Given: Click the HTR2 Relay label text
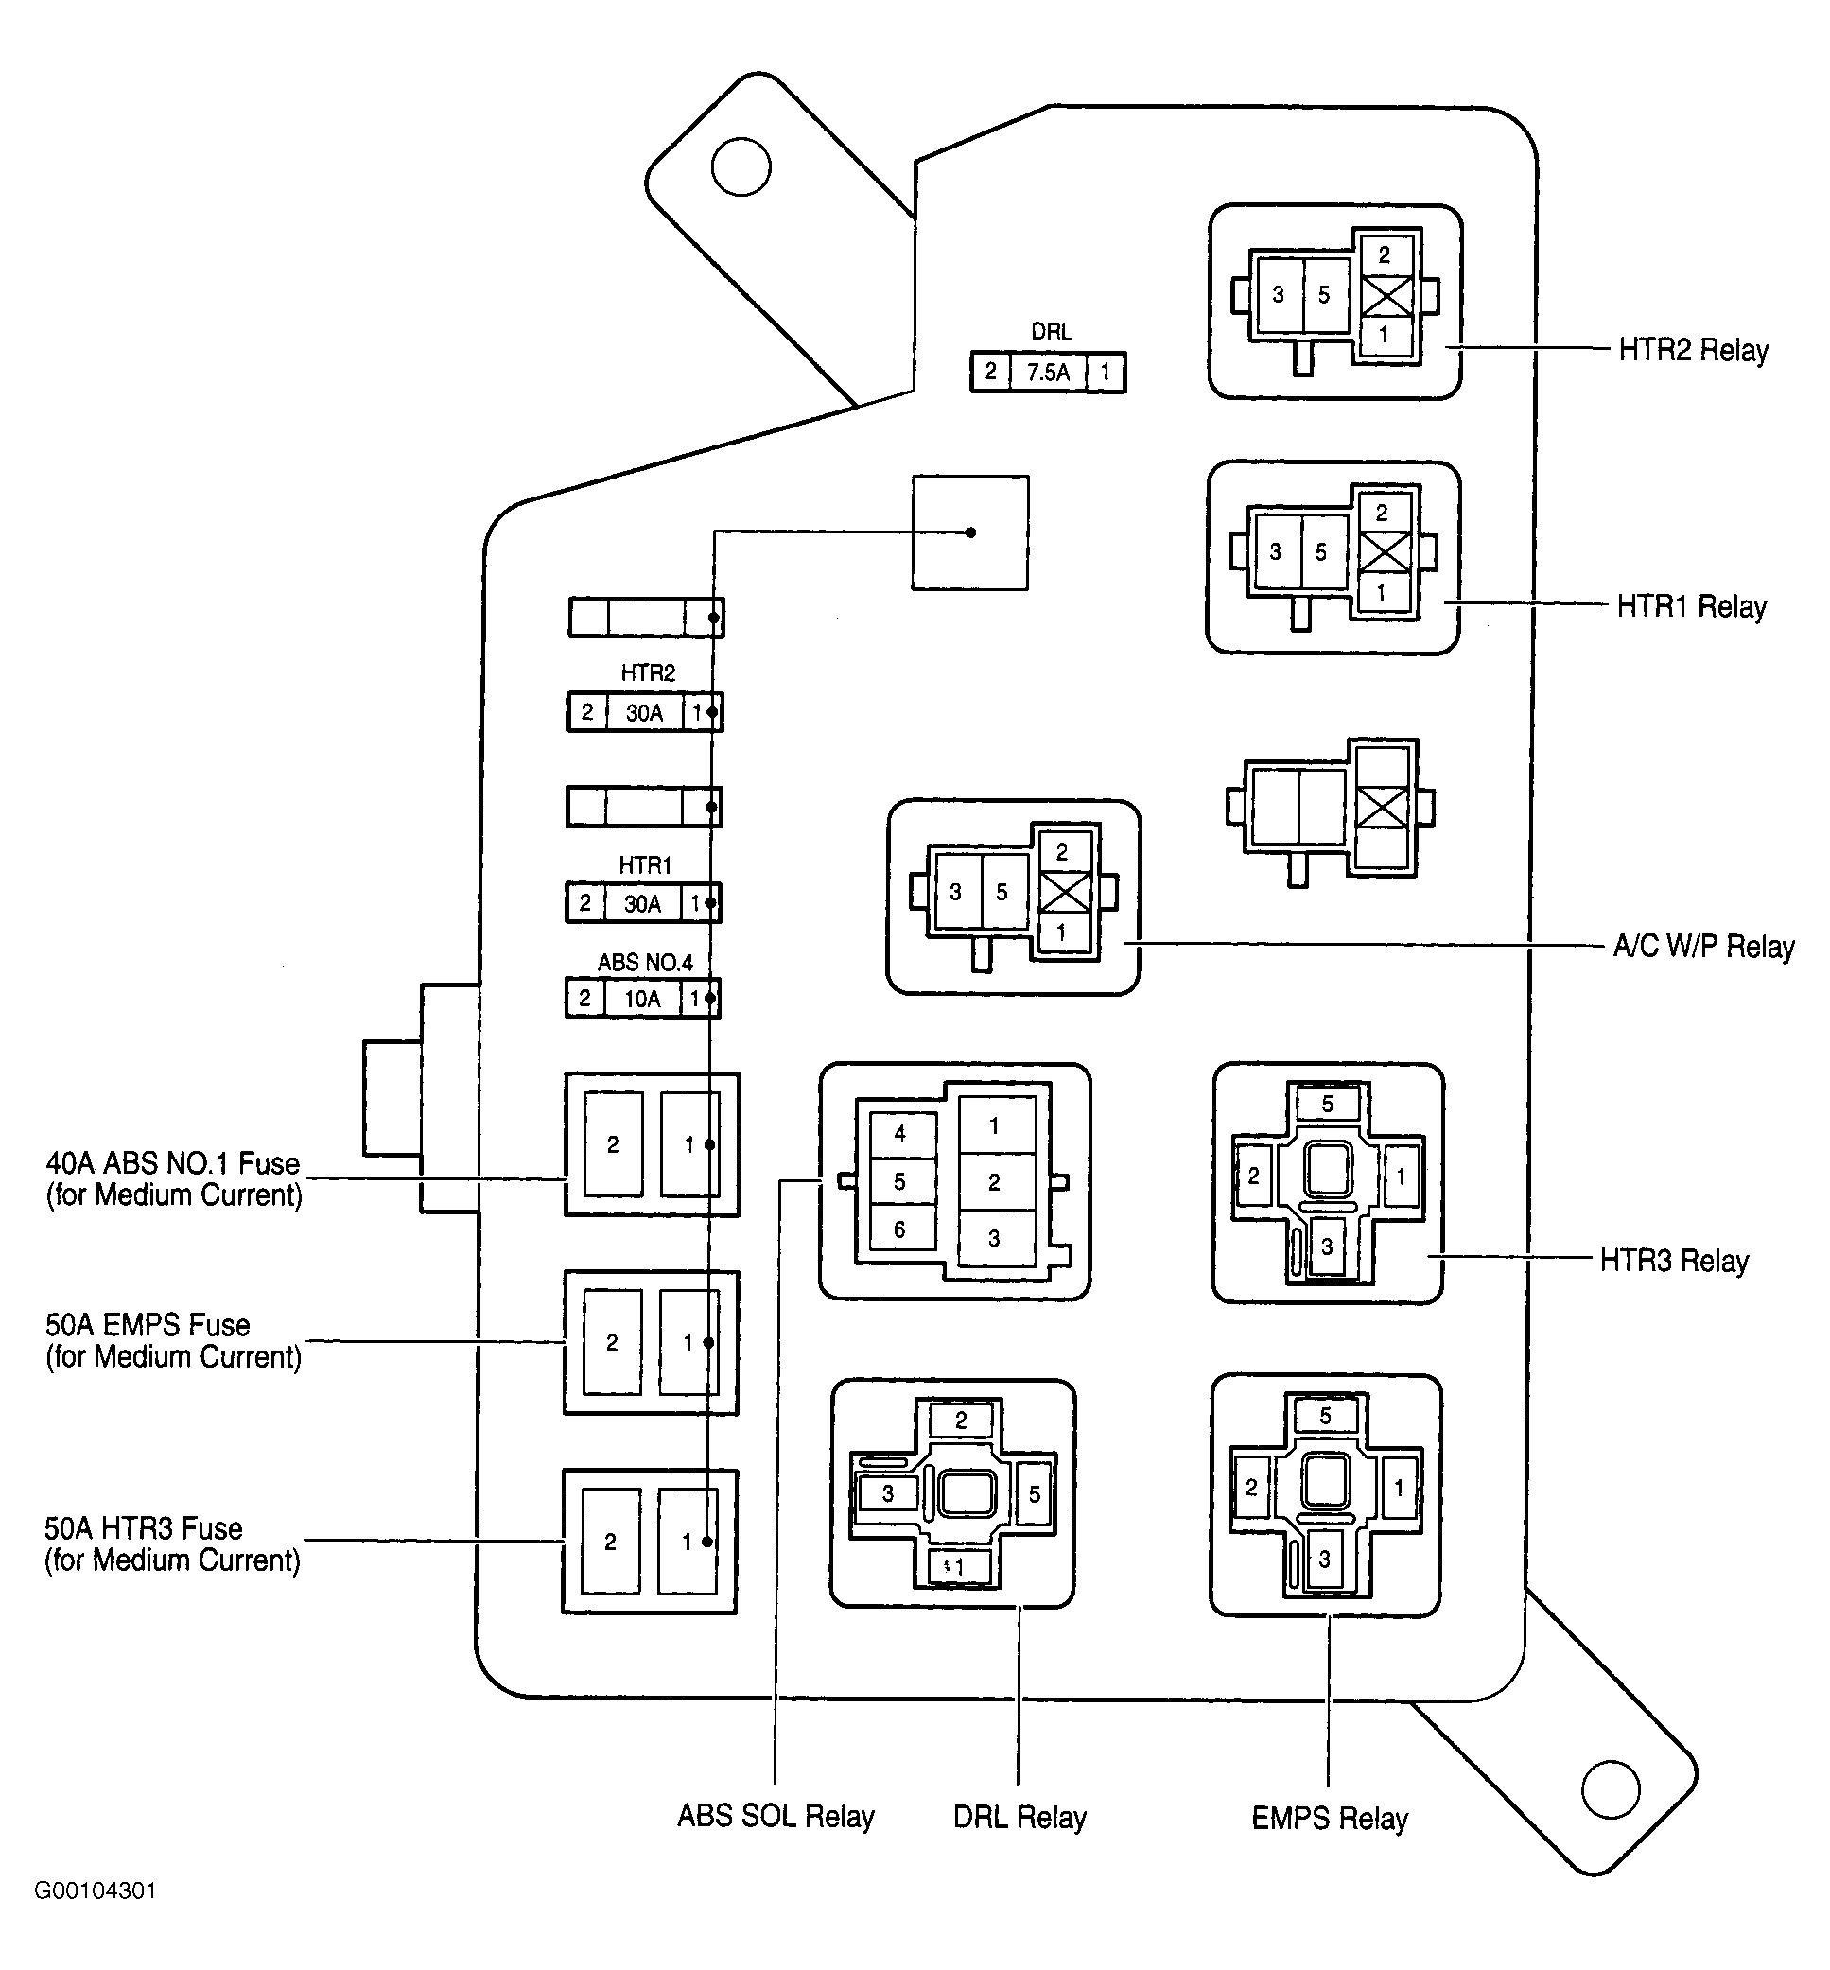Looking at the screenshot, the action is point(1694,351).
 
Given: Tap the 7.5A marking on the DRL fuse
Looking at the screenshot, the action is point(1048,374).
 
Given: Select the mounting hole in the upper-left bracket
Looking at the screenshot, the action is point(741,166).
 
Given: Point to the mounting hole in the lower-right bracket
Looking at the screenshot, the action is point(1612,1788).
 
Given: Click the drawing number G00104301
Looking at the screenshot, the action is point(96,1891).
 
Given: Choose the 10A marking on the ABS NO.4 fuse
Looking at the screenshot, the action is point(642,1000).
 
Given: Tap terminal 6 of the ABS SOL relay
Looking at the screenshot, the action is point(899,1229).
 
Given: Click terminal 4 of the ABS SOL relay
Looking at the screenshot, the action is point(899,1133).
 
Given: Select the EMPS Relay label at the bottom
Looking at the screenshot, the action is point(1329,1819).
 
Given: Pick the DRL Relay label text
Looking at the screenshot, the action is point(1020,1818).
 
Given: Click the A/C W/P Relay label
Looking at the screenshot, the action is point(1703,947).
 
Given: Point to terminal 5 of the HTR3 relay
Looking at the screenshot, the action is point(1328,1104).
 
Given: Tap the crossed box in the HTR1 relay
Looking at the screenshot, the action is point(1384,551).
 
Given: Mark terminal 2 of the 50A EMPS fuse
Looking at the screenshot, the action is point(612,1343).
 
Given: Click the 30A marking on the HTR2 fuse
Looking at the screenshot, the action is point(644,713).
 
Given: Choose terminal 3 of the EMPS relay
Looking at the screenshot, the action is point(1325,1560).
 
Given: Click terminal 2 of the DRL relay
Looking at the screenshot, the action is point(961,1421).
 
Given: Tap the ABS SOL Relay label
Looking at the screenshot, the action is point(776,1817).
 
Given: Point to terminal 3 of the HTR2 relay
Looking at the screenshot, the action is point(1279,294).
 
